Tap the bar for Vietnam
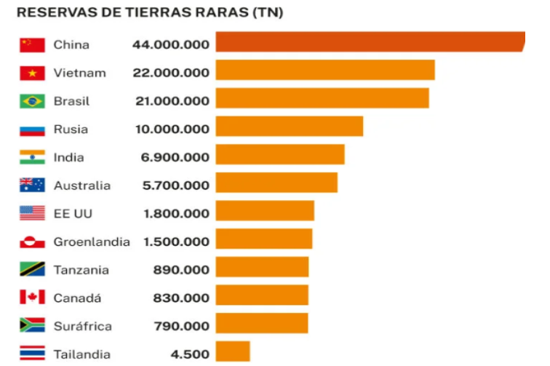pos(324,70)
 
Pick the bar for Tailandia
pos(232,352)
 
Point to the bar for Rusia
pos(289,127)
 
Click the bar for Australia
pos(276,183)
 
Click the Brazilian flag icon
pos(32,101)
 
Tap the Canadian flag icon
pos(32,298)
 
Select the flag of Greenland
pos(32,242)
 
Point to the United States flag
pos(32,213)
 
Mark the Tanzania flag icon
pos(32,270)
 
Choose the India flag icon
pos(32,157)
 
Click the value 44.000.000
pos(171,44)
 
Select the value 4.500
pos(190,354)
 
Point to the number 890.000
pos(181,270)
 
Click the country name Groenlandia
pos(91,242)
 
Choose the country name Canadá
pos(77,298)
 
